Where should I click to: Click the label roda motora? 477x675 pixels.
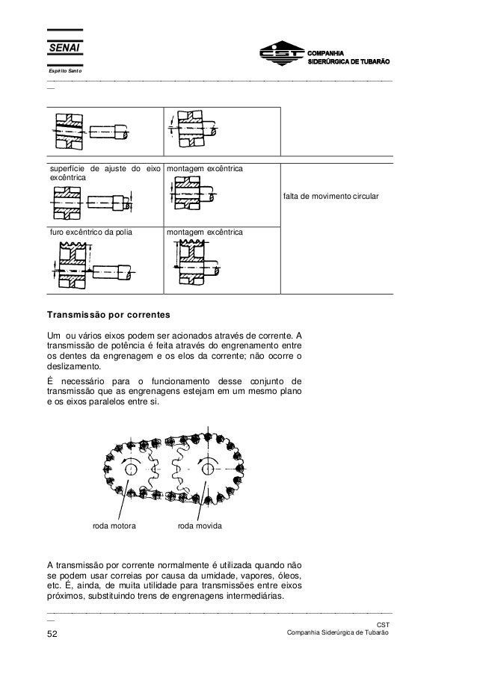[114, 526]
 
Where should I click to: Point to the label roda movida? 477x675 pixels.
[198, 526]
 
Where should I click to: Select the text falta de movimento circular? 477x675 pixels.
[331, 196]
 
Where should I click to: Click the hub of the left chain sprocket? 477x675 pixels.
[132, 469]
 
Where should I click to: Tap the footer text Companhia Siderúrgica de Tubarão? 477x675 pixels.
[333, 634]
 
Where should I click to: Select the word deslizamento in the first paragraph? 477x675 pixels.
[73, 367]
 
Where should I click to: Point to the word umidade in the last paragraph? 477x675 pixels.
[219, 576]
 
